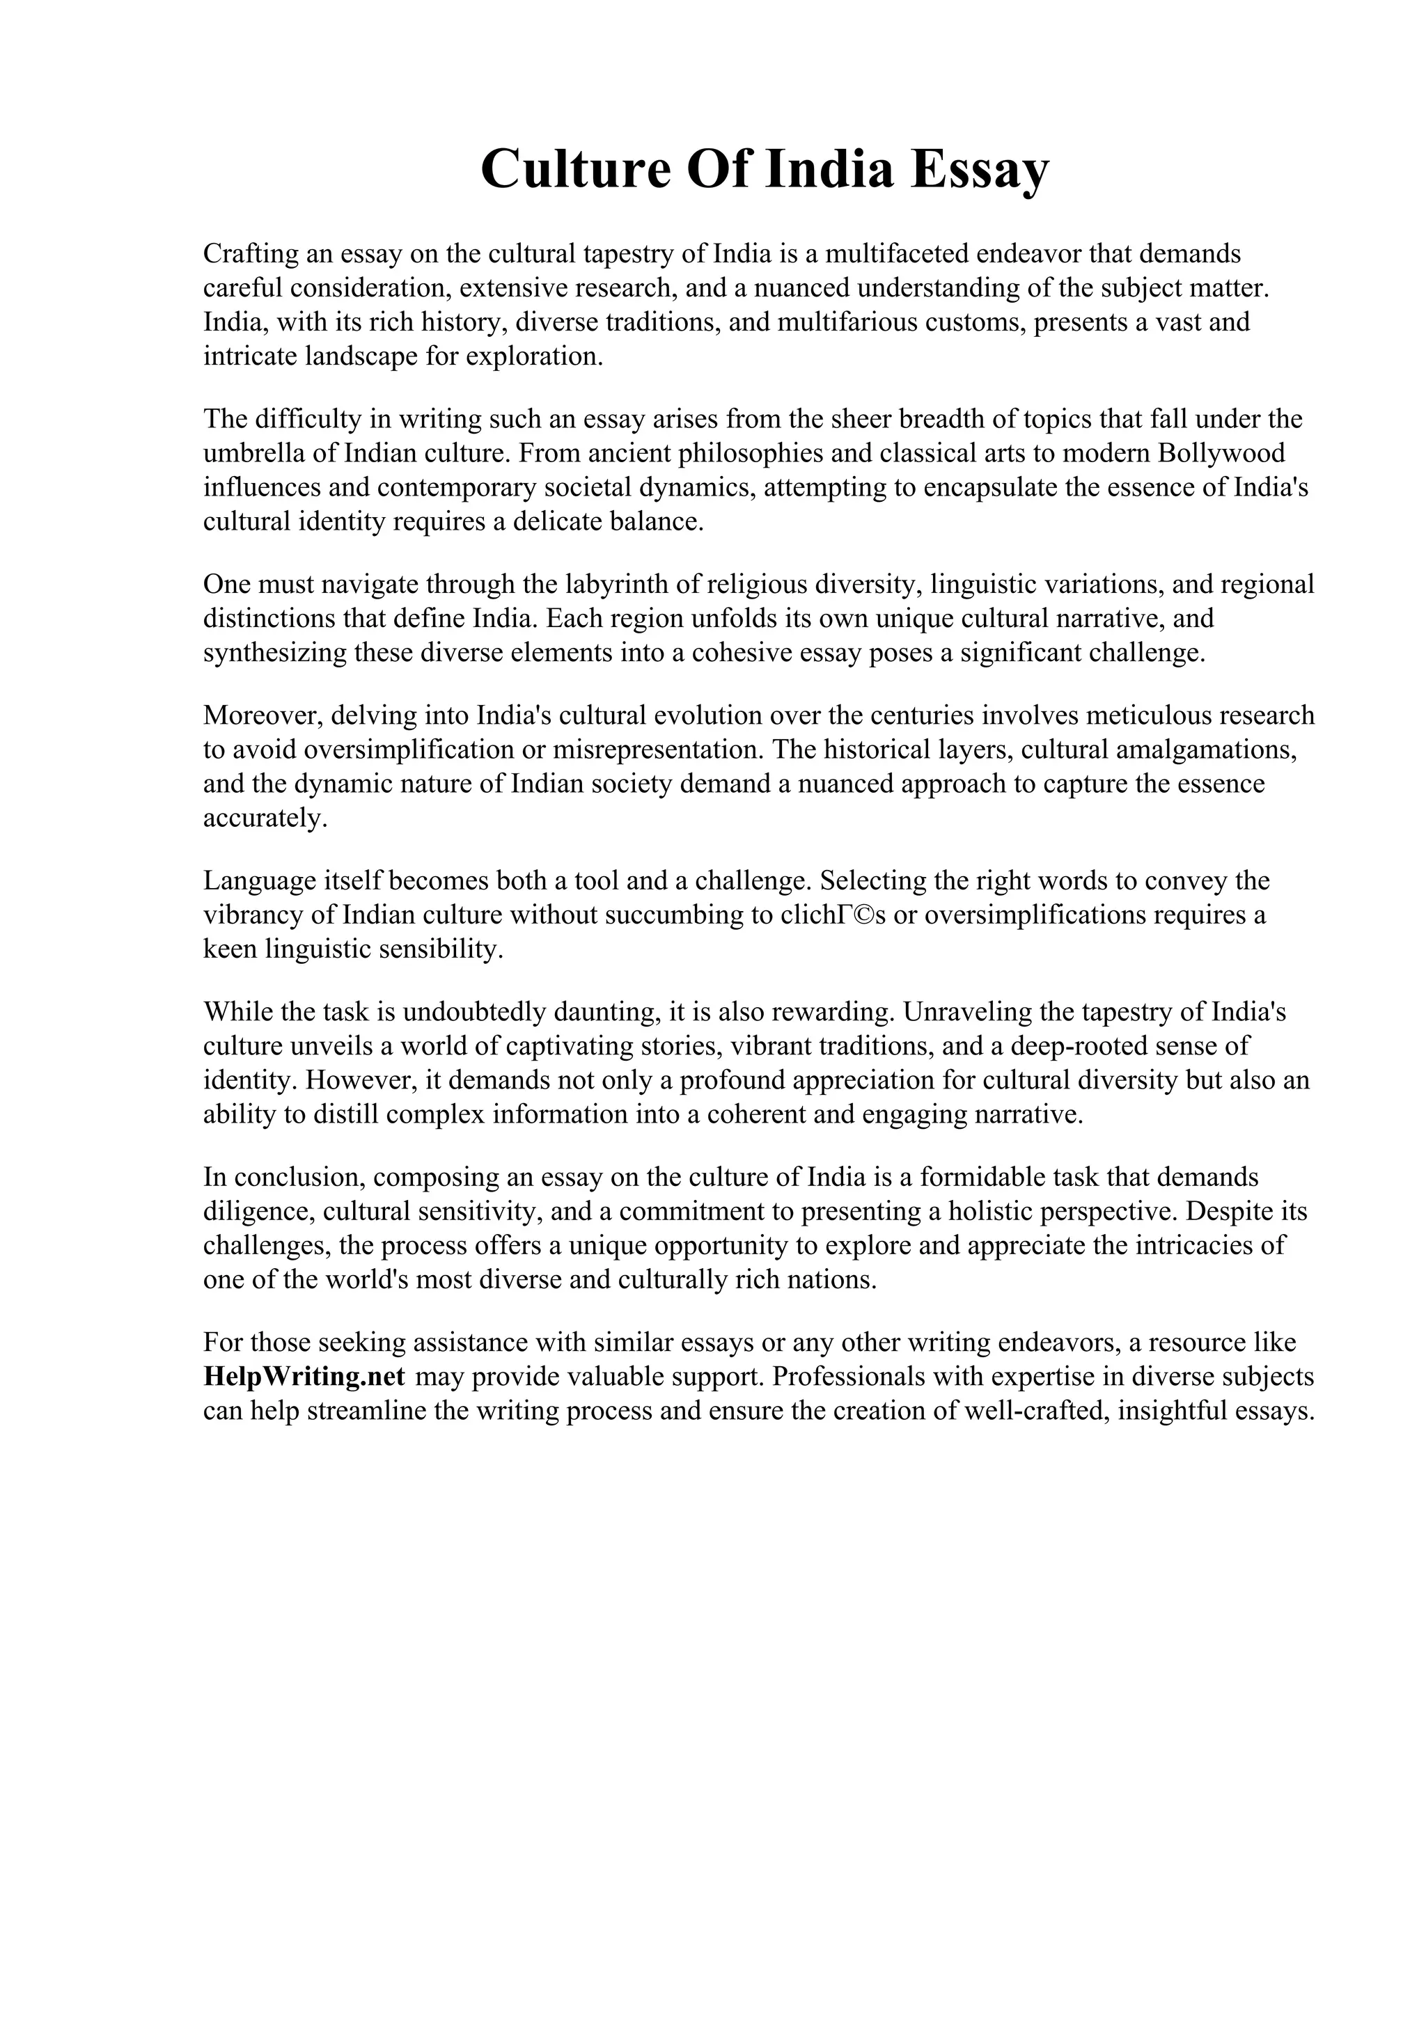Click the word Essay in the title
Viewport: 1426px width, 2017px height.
click(x=979, y=170)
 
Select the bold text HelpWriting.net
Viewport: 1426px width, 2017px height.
click(x=304, y=1377)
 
